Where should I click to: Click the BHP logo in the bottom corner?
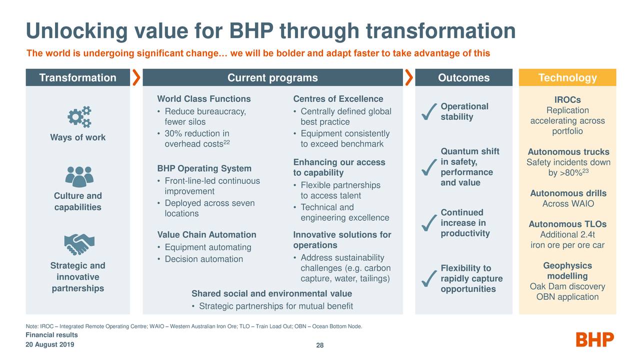coord(595,340)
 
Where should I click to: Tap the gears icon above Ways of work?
coord(79,116)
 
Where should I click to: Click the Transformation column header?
coord(77,77)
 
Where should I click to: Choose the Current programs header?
coord(272,77)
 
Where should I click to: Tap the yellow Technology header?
coord(567,77)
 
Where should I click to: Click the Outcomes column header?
coord(463,77)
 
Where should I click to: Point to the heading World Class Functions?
coord(204,99)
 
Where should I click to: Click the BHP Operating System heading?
coord(204,168)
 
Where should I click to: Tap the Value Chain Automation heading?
coord(206,235)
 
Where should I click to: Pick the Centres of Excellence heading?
coord(338,99)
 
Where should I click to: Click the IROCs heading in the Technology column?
coord(567,100)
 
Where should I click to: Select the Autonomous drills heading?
coord(568,193)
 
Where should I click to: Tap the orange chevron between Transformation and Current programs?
coord(136,77)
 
